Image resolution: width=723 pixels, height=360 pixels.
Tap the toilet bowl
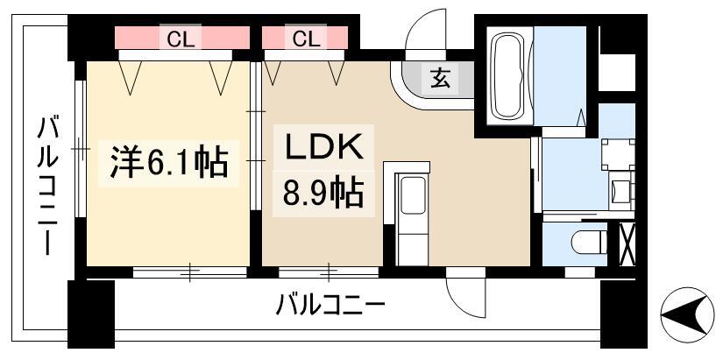[x=589, y=243]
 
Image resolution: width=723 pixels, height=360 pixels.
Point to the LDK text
[x=323, y=147]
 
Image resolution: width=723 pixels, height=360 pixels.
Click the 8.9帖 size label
[x=323, y=192]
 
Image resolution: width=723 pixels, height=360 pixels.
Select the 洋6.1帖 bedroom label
[x=169, y=162]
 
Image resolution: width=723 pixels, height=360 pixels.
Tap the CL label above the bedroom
[x=181, y=40]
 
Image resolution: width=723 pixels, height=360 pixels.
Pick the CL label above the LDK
[x=307, y=39]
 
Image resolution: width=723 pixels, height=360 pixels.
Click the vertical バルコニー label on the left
[x=47, y=186]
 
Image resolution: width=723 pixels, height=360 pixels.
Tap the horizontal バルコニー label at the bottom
[x=330, y=306]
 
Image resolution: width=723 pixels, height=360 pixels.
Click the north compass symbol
[x=687, y=314]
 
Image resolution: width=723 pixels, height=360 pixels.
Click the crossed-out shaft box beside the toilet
[x=627, y=244]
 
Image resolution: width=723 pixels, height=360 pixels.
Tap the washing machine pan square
[x=619, y=154]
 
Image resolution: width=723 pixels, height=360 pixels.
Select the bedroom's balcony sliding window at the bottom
[x=190, y=272]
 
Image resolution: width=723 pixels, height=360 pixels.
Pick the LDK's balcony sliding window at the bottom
[x=329, y=272]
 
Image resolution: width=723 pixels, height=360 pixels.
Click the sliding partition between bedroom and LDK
[x=255, y=136]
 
